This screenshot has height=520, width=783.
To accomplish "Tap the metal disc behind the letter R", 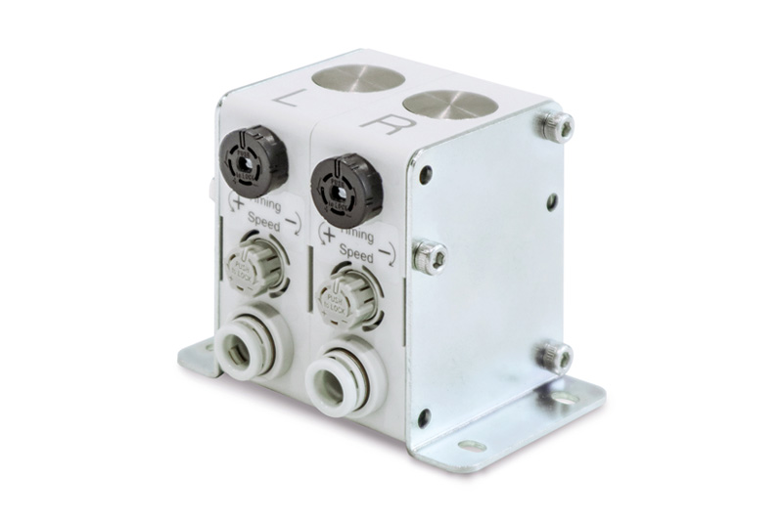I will tap(446, 104).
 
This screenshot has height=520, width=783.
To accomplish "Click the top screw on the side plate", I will tap(555, 127).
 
